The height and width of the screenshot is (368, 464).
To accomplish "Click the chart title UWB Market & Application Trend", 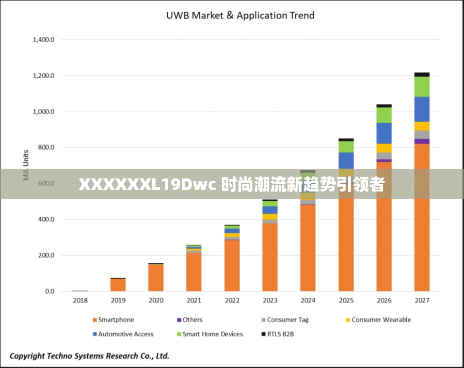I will (240, 16).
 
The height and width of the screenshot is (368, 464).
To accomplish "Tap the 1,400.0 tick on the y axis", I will (43, 40).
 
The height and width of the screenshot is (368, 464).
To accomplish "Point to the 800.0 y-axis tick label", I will (45, 147).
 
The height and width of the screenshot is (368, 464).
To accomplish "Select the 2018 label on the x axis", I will (80, 301).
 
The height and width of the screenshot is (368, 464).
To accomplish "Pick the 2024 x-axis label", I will (308, 301).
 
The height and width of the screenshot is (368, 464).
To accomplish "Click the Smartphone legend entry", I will (115, 320).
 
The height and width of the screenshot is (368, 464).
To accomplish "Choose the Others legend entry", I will (192, 320).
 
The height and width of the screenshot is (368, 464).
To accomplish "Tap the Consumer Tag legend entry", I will (287, 320).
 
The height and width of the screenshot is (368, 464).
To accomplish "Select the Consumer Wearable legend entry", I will (381, 320).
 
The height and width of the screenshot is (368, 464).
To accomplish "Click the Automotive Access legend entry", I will (125, 334).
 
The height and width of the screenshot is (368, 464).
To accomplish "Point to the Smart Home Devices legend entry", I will (212, 334).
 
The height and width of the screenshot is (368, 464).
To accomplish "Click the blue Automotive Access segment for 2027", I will (422, 109).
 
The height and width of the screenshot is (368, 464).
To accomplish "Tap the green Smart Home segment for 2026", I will (384, 115).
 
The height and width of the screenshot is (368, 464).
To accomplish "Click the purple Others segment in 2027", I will (422, 141).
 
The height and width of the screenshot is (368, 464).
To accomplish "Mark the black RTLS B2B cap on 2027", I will (422, 74).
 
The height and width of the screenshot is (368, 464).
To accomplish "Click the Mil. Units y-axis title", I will (26, 165).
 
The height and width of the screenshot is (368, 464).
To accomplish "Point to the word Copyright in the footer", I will (28, 356).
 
